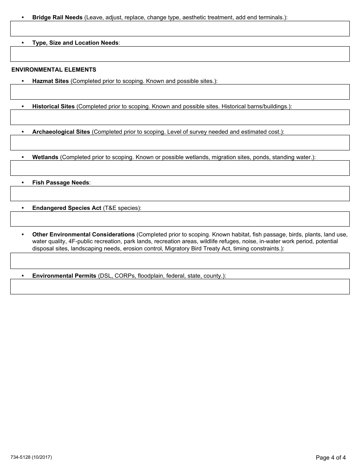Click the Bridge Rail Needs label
click(x=57, y=17)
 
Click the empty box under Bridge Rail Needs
click(x=180, y=28)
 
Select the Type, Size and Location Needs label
click(x=75, y=43)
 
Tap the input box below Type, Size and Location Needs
click(x=180, y=54)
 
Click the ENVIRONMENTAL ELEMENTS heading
click(x=54, y=70)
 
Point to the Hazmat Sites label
click(x=50, y=81)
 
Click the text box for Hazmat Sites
click(x=180, y=92)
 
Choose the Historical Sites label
click(x=53, y=106)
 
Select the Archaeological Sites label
click(x=61, y=132)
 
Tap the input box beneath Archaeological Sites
click(x=180, y=142)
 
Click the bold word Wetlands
click(x=45, y=157)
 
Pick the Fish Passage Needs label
click(x=61, y=183)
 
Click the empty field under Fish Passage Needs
click(x=180, y=193)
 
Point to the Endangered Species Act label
click(x=67, y=208)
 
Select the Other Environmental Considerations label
click(x=83, y=235)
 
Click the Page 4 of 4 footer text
click(x=330, y=457)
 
